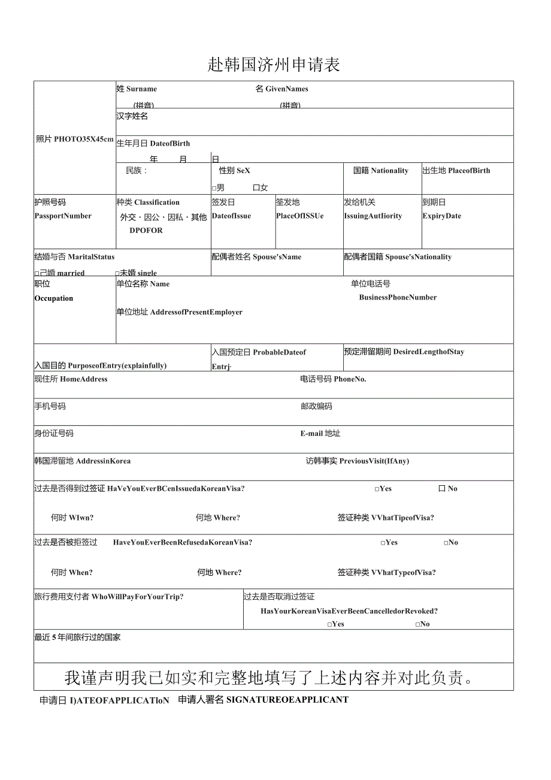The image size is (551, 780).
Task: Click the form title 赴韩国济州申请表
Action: pyautogui.click(x=274, y=65)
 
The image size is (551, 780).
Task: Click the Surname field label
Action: pyautogui.click(x=141, y=89)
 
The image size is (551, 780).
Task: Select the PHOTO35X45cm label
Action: pyautogui.click(x=83, y=139)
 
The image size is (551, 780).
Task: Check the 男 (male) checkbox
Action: pyautogui.click(x=214, y=188)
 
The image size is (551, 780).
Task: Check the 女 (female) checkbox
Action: pyautogui.click(x=256, y=188)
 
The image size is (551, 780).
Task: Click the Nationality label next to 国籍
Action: pyautogui.click(x=389, y=171)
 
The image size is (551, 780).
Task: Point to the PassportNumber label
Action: pyautogui.click(x=63, y=216)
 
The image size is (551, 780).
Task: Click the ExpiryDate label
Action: pyautogui.click(x=442, y=216)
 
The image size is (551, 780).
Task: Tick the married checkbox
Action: pyautogui.click(x=37, y=273)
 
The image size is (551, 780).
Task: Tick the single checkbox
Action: pyautogui.click(x=117, y=273)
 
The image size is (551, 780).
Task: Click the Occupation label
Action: pyautogui.click(x=54, y=298)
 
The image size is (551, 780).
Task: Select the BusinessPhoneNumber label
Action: pyautogui.click(x=398, y=298)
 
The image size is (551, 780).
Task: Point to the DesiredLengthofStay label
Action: pyautogui.click(x=428, y=352)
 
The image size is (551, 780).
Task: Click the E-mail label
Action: pyautogui.click(x=311, y=433)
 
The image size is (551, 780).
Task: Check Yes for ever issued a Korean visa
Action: pyautogui.click(x=377, y=489)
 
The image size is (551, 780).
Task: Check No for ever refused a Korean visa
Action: pyautogui.click(x=446, y=543)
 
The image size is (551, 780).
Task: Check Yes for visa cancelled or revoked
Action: pyautogui.click(x=330, y=624)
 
